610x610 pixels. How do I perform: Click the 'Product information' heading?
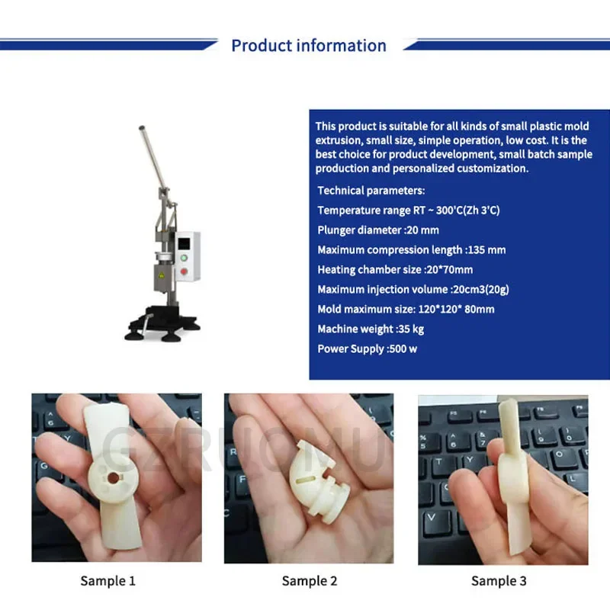309,46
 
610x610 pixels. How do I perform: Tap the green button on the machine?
184,258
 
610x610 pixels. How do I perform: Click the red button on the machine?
184,271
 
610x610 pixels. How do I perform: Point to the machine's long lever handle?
155,160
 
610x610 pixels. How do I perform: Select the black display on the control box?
184,243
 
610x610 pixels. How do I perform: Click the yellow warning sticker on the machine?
161,275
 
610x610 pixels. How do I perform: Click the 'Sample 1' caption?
108,581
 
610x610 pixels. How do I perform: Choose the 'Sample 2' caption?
310,581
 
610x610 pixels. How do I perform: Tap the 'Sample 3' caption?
499,581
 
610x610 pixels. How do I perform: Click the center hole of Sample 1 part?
113,477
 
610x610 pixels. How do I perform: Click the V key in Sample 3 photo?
432,518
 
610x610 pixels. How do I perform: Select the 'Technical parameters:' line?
371,191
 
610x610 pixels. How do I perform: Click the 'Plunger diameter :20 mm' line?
378,230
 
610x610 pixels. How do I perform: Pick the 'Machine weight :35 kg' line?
371,329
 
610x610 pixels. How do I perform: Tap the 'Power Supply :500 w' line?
368,349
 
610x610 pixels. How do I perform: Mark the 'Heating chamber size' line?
395,270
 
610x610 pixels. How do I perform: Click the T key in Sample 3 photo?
439,462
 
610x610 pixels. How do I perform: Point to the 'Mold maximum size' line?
406,310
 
